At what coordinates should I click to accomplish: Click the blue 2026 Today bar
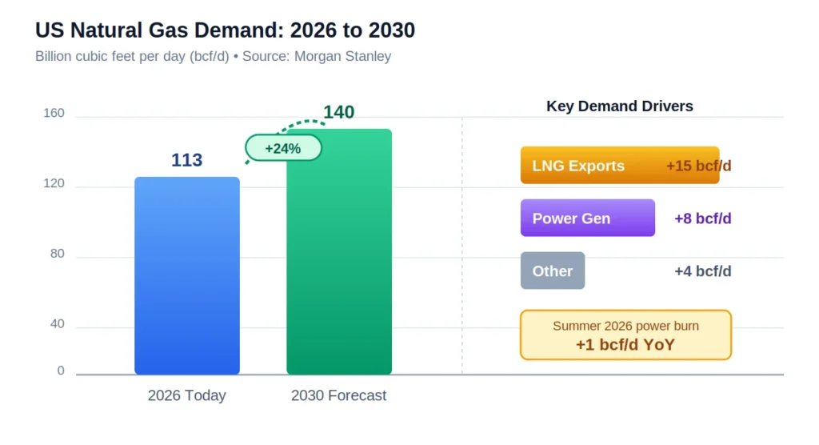tap(187, 275)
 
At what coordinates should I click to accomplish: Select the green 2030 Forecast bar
tap(339, 251)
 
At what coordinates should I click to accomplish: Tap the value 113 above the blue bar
tap(187, 160)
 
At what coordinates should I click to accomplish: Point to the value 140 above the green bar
tap(339, 112)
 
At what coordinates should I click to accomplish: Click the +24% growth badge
tap(283, 148)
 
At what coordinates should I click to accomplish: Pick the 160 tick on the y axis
tap(54, 114)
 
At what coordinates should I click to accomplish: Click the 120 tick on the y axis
tap(54, 184)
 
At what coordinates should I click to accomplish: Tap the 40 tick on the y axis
tap(56, 325)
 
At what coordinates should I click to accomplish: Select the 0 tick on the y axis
tap(61, 371)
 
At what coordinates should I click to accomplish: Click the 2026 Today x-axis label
tap(187, 395)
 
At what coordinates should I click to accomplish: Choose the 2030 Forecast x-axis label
tap(339, 395)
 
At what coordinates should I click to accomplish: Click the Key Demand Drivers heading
tap(620, 106)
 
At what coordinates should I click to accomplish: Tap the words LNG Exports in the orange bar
tap(578, 166)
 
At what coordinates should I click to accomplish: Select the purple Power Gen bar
tap(588, 218)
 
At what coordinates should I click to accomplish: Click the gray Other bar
tap(553, 271)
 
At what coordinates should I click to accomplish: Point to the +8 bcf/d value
tap(703, 218)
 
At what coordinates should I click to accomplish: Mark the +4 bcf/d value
tap(703, 271)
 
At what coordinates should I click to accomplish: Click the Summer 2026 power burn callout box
tap(625, 335)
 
